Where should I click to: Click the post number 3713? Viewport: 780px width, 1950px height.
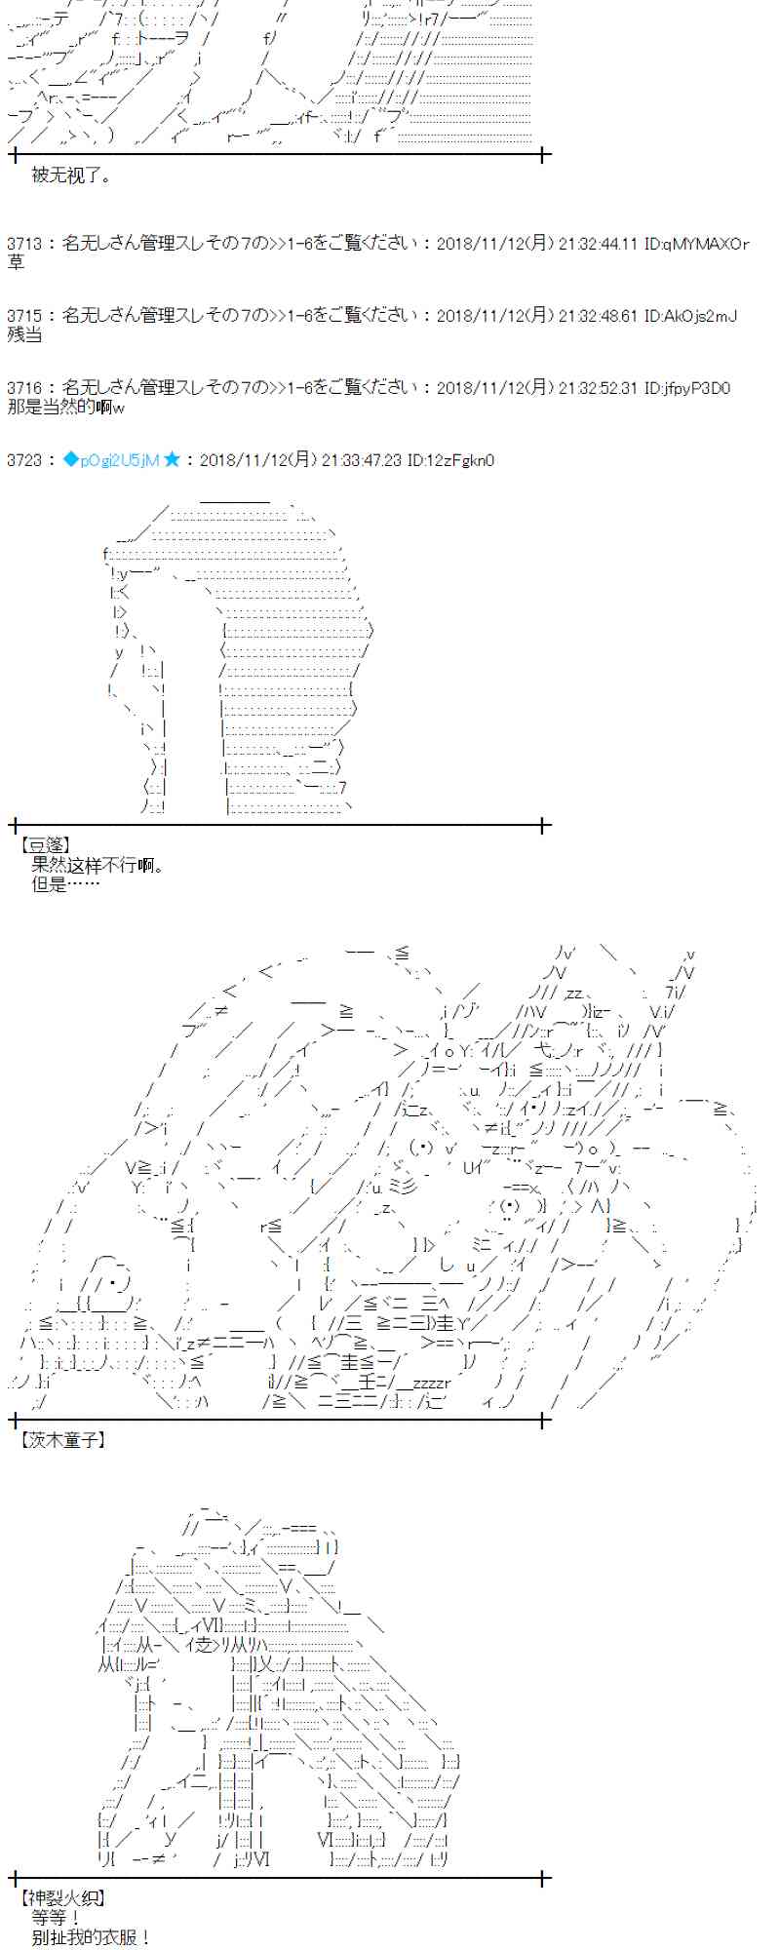tap(22, 244)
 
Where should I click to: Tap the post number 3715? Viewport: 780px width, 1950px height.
tap(22, 316)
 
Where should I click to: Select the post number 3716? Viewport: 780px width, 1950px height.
tap(22, 388)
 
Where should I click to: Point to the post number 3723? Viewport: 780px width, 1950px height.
tap(22, 460)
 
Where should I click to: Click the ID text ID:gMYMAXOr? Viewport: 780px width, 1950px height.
tap(696, 244)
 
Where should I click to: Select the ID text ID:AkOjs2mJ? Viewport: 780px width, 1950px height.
tap(690, 316)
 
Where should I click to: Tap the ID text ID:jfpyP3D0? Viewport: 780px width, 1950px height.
tap(687, 388)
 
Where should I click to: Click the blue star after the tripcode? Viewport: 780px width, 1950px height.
tap(172, 459)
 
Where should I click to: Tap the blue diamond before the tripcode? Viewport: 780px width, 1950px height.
tap(69, 459)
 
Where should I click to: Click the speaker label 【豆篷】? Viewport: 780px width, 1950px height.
tap(45, 845)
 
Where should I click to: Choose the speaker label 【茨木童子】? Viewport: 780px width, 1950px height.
tap(61, 1439)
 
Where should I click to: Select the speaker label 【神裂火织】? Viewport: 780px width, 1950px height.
tap(61, 1897)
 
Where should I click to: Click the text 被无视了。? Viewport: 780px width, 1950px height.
tap(71, 175)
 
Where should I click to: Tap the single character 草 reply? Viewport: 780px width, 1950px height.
tap(16, 262)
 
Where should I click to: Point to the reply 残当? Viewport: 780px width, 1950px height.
tap(24, 334)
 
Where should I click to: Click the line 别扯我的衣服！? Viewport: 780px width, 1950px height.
tap(91, 1936)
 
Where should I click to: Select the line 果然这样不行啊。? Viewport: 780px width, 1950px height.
tap(97, 865)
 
